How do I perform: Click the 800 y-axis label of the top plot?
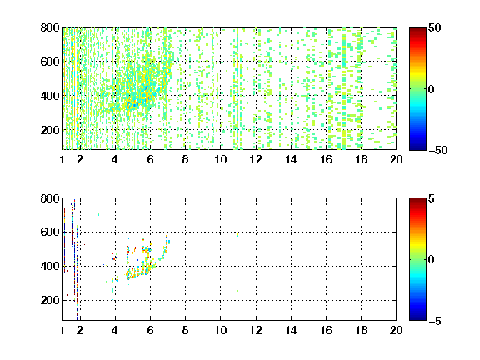50,27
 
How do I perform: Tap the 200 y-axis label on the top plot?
50,130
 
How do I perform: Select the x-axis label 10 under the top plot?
220,159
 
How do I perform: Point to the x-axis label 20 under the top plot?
396,159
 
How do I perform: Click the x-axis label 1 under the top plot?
62,159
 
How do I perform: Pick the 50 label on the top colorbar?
435,27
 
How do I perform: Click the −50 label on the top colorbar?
438,150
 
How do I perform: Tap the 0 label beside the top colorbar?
432,89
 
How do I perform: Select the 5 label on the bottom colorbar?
432,198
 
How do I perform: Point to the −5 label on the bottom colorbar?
435,321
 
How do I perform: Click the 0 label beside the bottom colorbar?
432,260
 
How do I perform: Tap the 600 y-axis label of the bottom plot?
50,232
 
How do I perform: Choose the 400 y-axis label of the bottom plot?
50,266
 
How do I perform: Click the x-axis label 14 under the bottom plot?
291,330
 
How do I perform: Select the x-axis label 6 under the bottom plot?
150,330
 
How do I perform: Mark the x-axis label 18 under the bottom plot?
361,330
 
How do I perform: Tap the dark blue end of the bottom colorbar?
417,317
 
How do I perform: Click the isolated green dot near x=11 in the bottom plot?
237,291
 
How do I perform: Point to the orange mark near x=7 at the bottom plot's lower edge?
172,317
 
